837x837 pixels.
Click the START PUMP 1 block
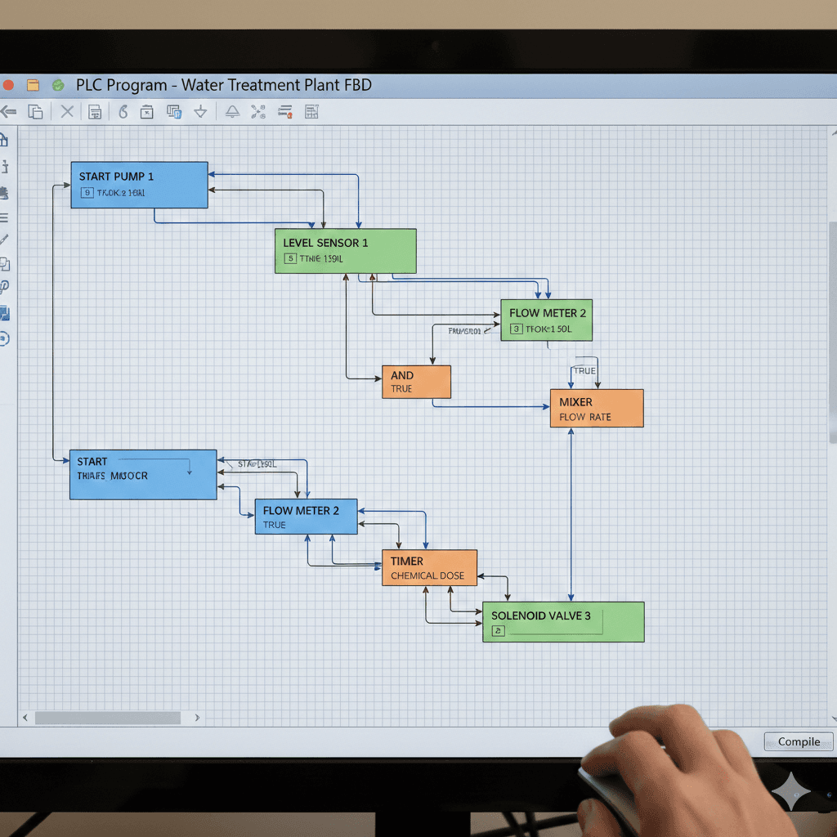coord(139,185)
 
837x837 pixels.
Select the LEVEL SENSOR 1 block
coord(345,251)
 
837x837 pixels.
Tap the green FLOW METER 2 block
coord(546,320)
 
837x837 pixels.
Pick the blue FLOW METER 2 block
coord(306,517)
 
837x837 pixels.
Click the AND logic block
coord(416,382)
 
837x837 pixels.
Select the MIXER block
coord(597,409)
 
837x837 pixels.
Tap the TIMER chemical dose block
coord(429,567)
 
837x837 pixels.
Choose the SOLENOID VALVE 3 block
coord(563,622)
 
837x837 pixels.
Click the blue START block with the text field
coord(143,474)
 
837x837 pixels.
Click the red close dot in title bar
coord(8,85)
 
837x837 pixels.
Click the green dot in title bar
coord(58,85)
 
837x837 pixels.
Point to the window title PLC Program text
coord(223,85)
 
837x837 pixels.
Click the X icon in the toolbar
coord(67,112)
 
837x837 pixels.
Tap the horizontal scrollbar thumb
coord(107,718)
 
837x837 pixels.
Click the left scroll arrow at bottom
coord(25,718)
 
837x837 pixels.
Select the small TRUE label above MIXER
coord(584,371)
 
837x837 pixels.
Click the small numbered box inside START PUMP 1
coord(87,194)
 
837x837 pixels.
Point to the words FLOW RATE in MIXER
coord(585,417)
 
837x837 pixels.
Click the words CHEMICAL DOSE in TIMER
coord(427,575)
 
